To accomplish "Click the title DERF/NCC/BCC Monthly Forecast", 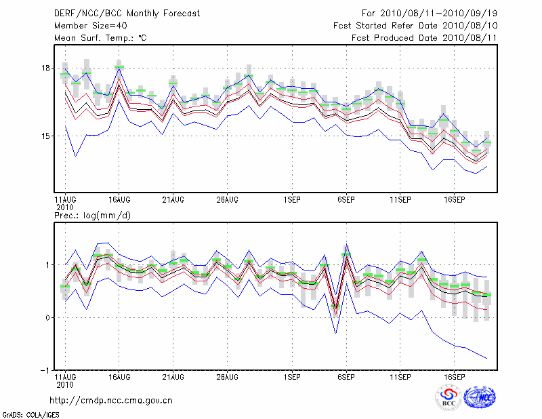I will [x=119, y=14].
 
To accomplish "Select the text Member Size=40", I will [x=84, y=26].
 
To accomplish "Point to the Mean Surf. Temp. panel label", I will [x=100, y=38].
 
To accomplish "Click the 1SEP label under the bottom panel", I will [x=292, y=376].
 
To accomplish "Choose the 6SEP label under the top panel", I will [x=346, y=199].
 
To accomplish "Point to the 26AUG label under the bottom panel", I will [x=227, y=376].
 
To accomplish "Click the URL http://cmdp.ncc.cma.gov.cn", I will [x=111, y=400].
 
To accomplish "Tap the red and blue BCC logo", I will [x=448, y=398].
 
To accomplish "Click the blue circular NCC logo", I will [x=480, y=398].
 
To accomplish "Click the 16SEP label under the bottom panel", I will [x=454, y=376].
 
